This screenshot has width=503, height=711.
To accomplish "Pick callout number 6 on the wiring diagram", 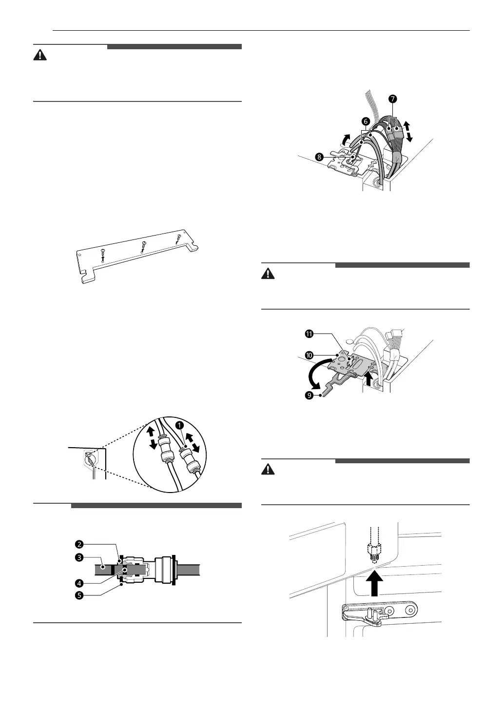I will click(x=366, y=120).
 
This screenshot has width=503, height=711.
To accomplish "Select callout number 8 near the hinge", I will click(x=319, y=157).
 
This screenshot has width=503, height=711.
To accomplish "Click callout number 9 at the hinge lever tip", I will click(x=309, y=395).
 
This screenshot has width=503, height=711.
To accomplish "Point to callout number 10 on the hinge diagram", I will click(x=309, y=355).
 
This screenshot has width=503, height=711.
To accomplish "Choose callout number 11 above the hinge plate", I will click(x=309, y=334).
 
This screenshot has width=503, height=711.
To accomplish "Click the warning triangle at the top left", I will click(x=40, y=55).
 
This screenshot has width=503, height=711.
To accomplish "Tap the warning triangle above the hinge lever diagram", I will click(x=268, y=274).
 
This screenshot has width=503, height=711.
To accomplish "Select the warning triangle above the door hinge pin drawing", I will click(x=268, y=469).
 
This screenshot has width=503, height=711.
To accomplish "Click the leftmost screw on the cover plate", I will click(x=103, y=252).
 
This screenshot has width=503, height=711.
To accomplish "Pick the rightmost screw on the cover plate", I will click(x=178, y=238).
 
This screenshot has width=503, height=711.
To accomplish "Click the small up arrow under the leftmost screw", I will click(x=103, y=259).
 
